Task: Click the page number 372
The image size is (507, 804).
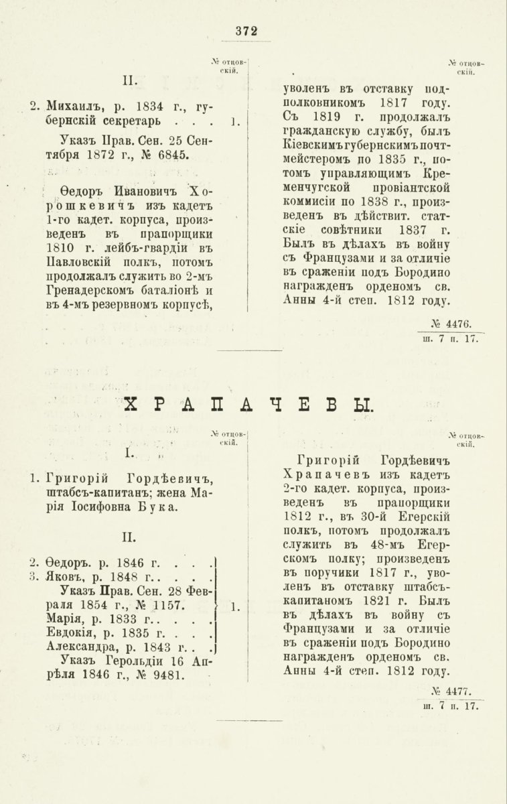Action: click(x=246, y=31)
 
